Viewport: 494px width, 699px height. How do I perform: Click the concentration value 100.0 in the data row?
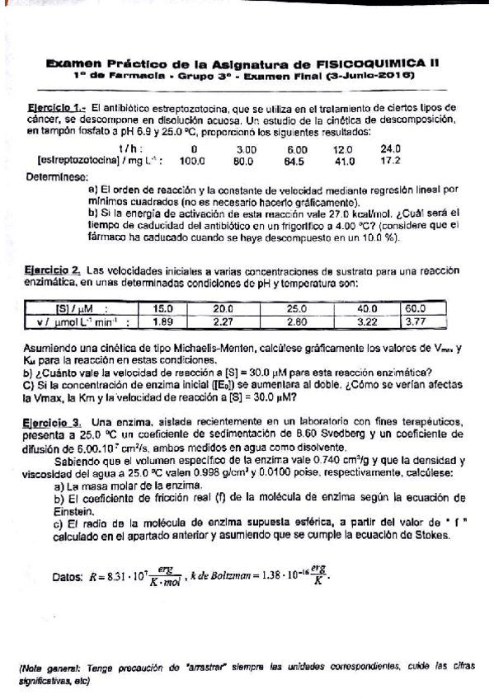(x=191, y=162)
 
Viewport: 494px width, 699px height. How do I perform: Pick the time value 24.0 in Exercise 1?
(x=389, y=149)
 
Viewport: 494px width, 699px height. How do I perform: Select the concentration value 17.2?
(x=389, y=161)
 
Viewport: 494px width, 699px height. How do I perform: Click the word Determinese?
(x=56, y=176)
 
